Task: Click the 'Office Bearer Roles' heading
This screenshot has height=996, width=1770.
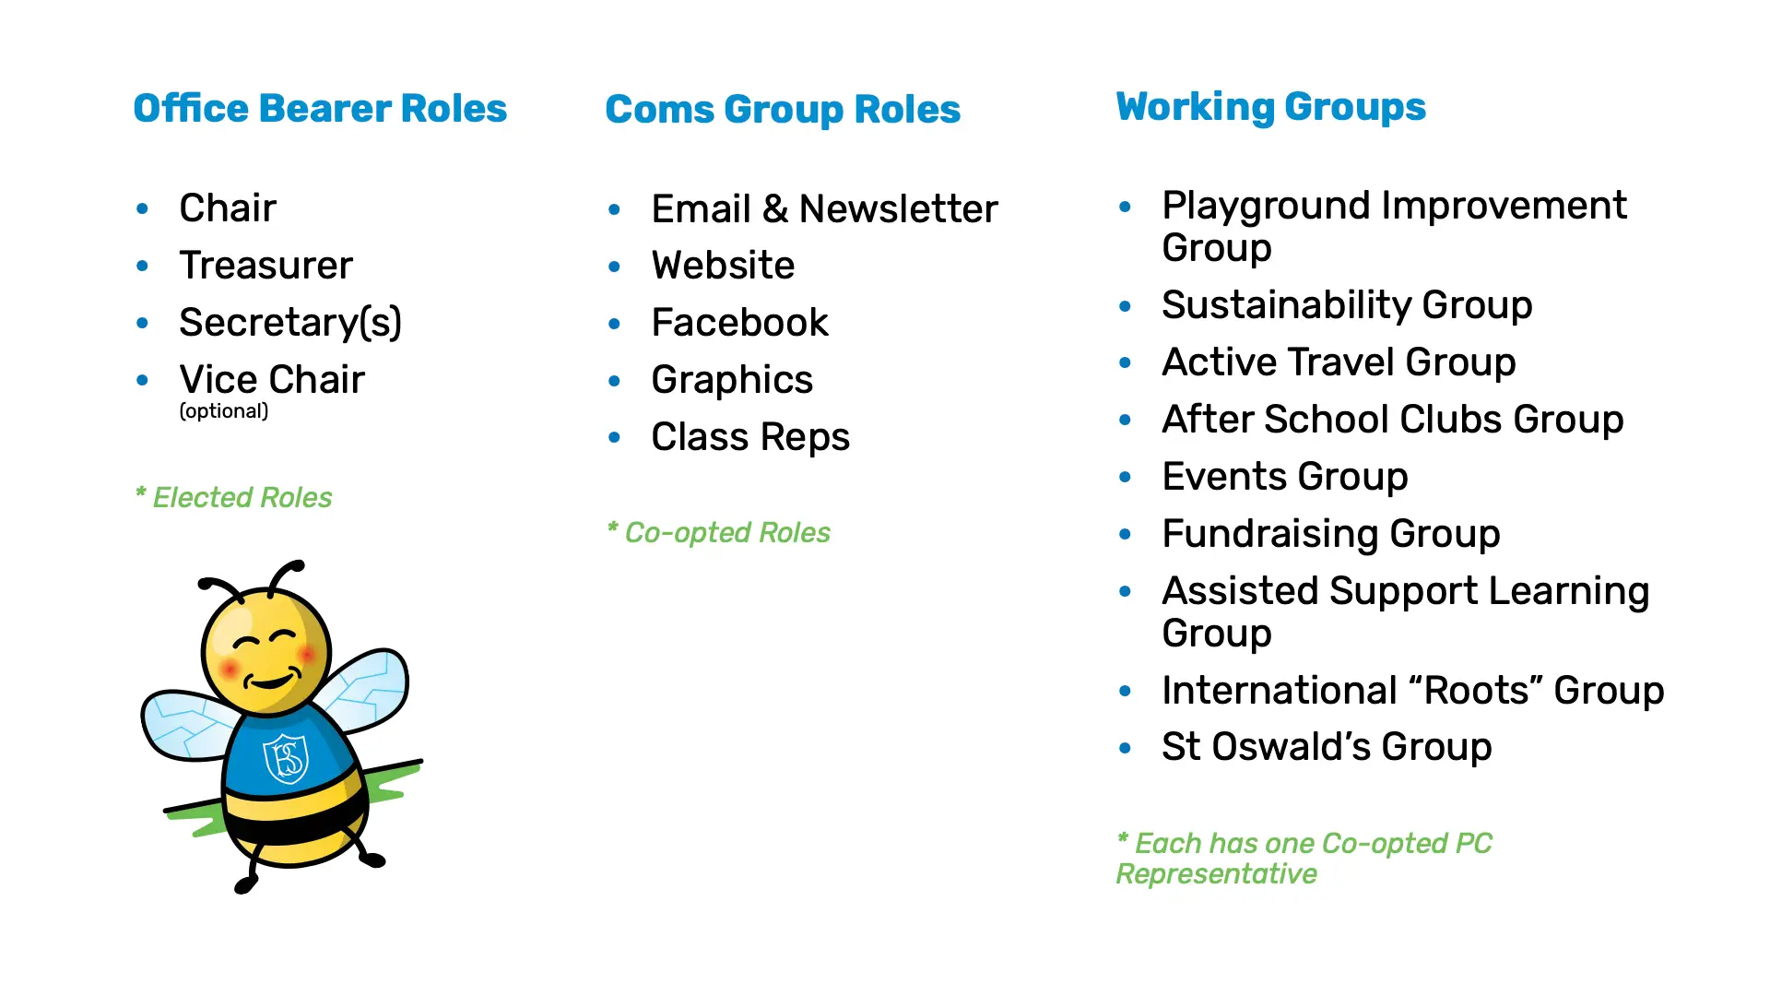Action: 320,108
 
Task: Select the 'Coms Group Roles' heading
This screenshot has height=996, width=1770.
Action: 783,110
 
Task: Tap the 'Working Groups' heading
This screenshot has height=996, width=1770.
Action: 1270,107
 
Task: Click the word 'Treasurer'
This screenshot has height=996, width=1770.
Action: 265,266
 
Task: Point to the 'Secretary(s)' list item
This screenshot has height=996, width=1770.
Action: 290,323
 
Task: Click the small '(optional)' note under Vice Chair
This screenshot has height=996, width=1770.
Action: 224,411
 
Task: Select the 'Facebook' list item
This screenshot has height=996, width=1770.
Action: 739,323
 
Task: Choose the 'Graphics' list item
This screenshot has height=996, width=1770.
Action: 732,381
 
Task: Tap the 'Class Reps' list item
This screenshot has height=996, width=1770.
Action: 750,437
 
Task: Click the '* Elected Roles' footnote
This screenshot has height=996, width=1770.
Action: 233,497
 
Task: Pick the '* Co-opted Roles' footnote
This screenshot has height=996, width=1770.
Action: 719,532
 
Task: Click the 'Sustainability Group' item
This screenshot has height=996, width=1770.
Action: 1347,306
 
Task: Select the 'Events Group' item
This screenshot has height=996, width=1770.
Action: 1285,478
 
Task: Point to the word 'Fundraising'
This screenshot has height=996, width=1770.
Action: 1270,535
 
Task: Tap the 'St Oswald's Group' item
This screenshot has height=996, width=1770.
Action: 1327,747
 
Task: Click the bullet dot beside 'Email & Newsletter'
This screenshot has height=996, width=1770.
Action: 615,210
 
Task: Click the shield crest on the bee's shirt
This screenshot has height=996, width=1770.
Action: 286,758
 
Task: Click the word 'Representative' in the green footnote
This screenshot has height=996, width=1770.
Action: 1217,873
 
